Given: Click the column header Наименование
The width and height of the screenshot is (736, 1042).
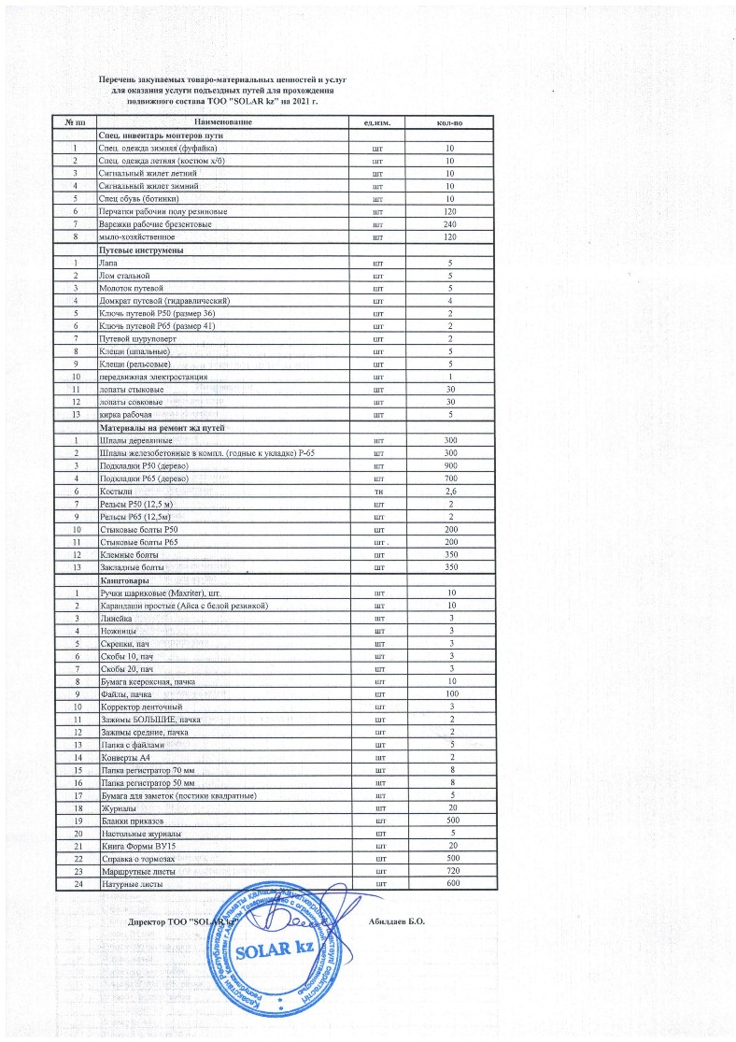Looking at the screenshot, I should tap(223, 122).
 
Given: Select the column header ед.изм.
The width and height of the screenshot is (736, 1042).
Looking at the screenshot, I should tap(375, 122).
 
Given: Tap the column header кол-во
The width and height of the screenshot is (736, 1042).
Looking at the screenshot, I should tap(449, 122).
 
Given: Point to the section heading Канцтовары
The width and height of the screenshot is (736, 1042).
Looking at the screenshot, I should tap(126, 580).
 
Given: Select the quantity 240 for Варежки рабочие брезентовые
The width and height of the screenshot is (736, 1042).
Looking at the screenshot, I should tap(449, 225).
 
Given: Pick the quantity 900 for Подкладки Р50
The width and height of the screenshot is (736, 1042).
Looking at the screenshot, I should tap(449, 464).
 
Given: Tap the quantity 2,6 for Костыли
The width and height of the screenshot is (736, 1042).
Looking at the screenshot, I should tap(449, 491).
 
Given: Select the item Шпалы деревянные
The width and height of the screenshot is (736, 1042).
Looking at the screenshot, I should tap(134, 439).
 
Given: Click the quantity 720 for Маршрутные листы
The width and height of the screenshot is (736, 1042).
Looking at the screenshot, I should tap(449, 870).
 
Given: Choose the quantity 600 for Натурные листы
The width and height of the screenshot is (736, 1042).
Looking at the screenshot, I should tap(449, 883).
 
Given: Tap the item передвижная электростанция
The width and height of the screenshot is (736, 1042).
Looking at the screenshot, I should tap(153, 376).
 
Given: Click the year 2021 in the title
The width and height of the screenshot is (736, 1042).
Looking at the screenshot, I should tap(300, 100).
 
